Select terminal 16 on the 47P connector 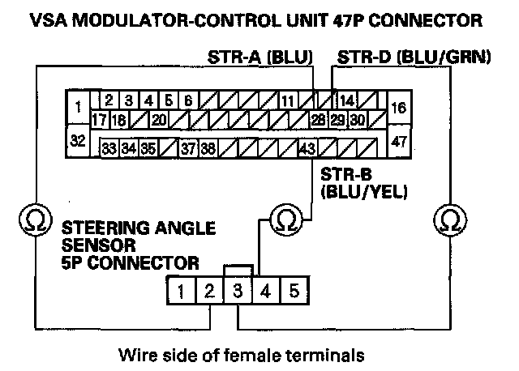click(398, 108)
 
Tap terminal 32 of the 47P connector click(77, 140)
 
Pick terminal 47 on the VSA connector click(398, 140)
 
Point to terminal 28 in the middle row click(318, 120)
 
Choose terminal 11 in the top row click(288, 101)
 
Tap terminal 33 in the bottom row click(108, 149)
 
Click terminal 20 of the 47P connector click(158, 120)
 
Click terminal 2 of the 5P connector click(209, 289)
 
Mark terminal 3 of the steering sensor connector click(237, 289)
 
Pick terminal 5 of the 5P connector click(293, 289)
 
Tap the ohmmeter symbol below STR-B click(282, 220)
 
